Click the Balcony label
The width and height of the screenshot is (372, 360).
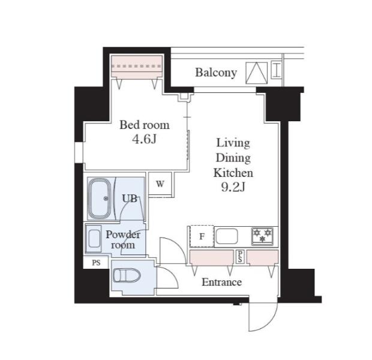216,73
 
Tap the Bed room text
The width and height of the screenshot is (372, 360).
145,125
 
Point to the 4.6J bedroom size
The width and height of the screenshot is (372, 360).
145,139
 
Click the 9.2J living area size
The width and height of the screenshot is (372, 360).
233,187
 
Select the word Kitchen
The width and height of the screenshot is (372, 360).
233,173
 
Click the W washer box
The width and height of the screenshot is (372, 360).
160,184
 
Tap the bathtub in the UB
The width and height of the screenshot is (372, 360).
99,199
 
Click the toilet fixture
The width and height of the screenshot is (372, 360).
127,275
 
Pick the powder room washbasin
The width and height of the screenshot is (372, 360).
94,238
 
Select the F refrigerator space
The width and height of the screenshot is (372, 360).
202,236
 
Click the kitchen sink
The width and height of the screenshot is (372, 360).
227,236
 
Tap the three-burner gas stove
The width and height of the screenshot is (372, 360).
262,236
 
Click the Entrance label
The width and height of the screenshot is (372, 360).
221,282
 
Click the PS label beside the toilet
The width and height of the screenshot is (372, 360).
96,263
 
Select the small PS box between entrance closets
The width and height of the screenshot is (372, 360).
240,257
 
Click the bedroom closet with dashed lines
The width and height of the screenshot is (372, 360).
137,66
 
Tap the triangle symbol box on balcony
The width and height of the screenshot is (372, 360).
256,73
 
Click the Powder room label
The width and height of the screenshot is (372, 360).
123,239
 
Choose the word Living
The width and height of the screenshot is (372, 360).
233,143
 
